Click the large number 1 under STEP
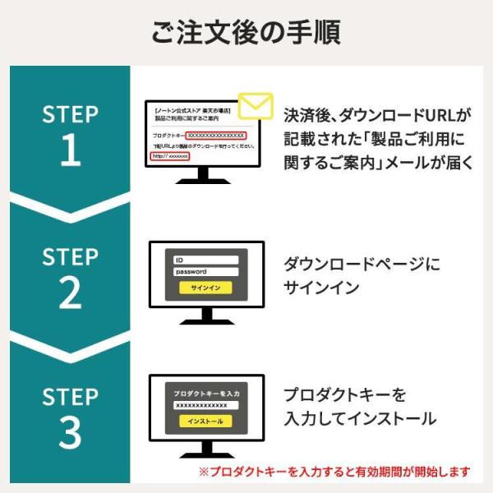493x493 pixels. coord(71,150)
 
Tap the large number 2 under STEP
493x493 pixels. coord(71,293)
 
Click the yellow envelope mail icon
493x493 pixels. coord(256,107)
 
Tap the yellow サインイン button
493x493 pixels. coord(205,288)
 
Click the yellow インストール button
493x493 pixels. coord(205,422)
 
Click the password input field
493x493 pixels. coord(205,272)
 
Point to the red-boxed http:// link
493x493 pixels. coord(170,155)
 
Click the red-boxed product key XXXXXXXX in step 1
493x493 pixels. coord(215,135)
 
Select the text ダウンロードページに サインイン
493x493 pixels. coord(362,275)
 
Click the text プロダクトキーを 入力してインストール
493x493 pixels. coord(359,407)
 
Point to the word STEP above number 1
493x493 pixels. coord(71,114)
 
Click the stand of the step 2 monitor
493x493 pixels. coord(206,317)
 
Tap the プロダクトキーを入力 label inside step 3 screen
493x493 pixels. coord(205,394)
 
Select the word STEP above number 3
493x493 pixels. coord(71,396)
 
